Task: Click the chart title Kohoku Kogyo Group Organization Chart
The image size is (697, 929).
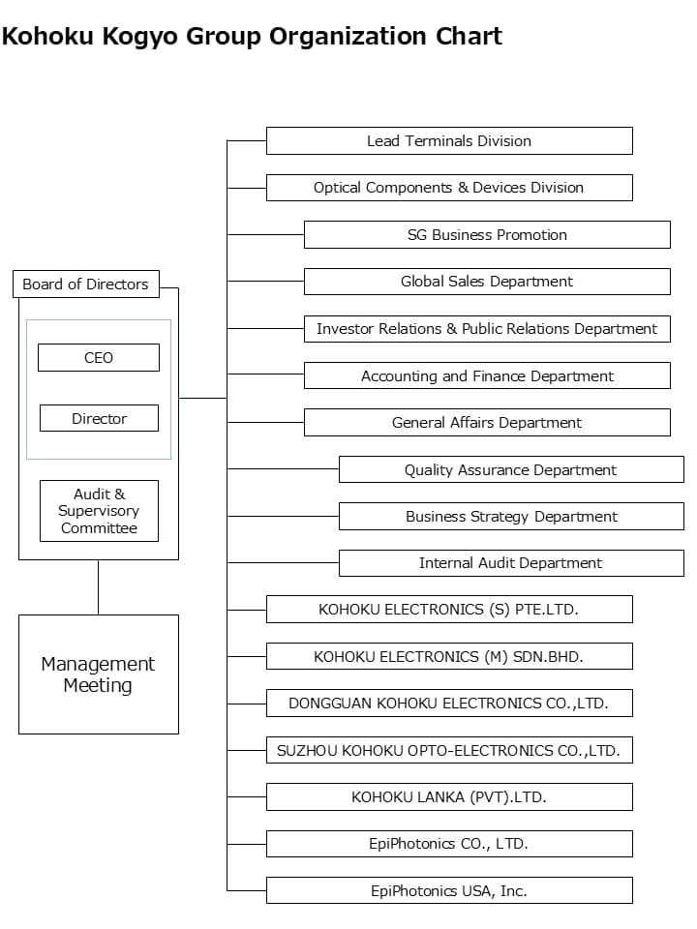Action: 252,37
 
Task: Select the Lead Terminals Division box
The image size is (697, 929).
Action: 449,140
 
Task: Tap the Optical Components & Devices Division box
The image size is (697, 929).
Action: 449,188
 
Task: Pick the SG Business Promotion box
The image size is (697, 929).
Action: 487,234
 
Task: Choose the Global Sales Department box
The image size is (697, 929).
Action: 487,282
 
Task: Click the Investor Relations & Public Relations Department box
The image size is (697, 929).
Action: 487,328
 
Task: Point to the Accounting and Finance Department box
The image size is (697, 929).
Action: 487,375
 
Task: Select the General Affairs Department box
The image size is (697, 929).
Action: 487,422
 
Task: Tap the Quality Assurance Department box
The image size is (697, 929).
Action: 510,469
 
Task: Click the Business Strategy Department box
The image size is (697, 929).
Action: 510,516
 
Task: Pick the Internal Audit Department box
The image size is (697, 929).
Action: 510,562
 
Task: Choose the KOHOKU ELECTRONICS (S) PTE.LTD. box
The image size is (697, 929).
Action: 449,610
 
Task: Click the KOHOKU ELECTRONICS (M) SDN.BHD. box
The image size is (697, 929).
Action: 449,656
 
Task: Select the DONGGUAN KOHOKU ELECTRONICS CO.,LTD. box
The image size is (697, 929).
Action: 449,704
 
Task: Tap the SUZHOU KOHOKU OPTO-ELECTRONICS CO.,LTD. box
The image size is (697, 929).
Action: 449,750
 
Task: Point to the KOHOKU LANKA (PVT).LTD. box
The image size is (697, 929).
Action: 449,797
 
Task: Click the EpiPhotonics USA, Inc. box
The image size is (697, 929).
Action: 449,890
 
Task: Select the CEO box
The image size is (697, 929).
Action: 99,357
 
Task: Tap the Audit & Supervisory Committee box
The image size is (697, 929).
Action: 99,511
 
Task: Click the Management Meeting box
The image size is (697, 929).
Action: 99,674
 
